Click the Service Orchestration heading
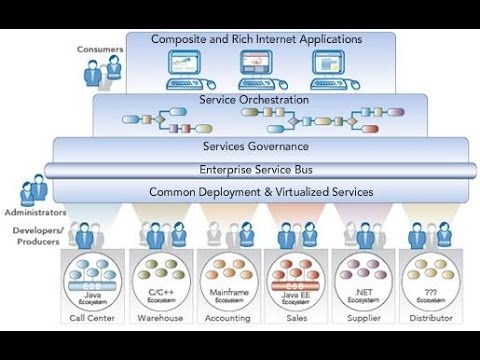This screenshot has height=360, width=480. (x=254, y=100)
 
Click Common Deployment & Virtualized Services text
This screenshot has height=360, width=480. (x=260, y=191)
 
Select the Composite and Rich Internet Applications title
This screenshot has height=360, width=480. (x=256, y=40)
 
